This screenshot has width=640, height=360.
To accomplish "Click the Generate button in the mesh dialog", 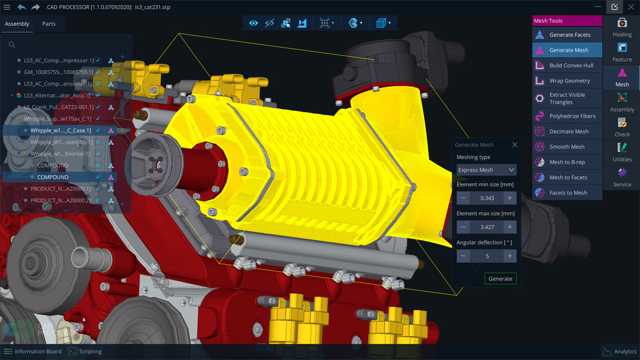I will click(500, 279).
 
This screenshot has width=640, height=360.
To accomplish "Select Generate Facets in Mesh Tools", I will click(569, 35).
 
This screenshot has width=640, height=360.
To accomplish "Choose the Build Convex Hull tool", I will click(571, 65).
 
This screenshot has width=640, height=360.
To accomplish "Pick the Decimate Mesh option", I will click(568, 132).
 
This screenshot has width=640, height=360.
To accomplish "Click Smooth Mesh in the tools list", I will click(566, 147).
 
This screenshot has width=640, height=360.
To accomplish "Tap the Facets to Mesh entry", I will click(568, 193).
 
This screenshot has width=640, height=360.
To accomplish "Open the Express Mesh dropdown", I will click(486, 170).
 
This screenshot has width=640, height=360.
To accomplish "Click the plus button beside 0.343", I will click(509, 198).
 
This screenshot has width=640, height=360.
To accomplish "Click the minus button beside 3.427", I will click(463, 227).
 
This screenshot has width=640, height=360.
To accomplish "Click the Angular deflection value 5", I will click(487, 256).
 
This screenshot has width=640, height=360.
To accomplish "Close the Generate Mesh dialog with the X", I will click(515, 145).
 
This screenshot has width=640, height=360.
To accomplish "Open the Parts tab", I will click(49, 24).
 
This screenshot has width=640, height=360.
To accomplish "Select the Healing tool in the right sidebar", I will click(622, 28).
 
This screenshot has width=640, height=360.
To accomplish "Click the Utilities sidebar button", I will click(622, 153).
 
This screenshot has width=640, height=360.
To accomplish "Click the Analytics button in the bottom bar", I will click(619, 352).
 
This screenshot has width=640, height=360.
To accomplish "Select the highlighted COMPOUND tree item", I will click(53, 177).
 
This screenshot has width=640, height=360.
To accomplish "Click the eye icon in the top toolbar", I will click(253, 23).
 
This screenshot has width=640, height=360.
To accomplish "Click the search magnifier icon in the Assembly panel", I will click(12, 45).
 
